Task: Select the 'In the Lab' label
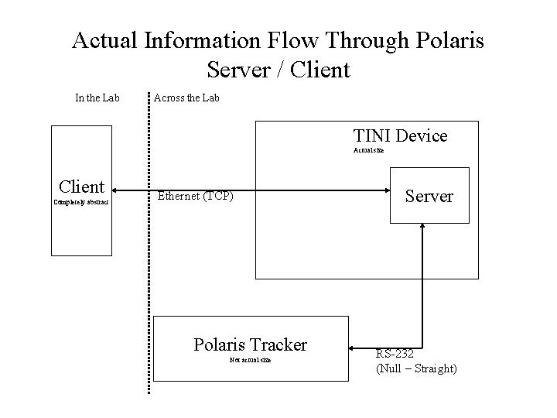click(x=97, y=98)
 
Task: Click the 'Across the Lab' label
click(x=186, y=98)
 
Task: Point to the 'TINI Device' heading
click(x=400, y=136)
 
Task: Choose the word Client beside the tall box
click(x=81, y=187)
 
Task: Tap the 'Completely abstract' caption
click(x=81, y=202)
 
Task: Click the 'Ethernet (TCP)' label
click(x=195, y=196)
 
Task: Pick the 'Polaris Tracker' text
click(x=250, y=344)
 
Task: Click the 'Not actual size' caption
click(x=250, y=360)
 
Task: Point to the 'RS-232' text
click(x=394, y=354)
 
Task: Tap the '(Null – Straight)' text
click(x=416, y=369)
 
